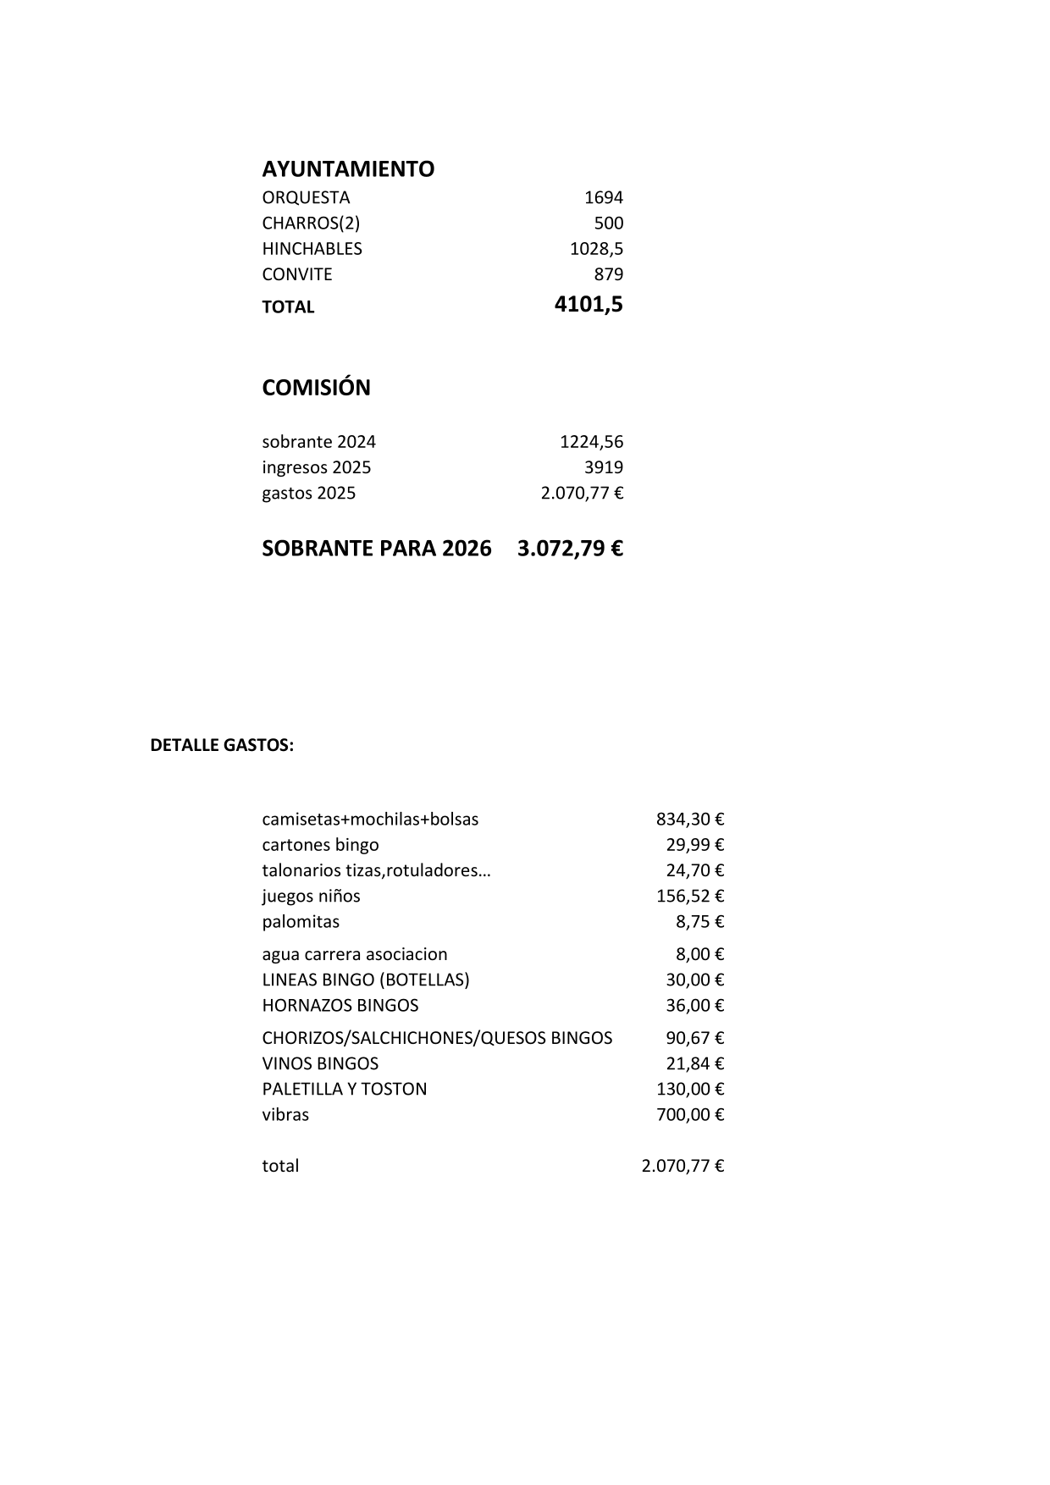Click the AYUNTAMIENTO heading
point(348,169)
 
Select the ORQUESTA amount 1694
point(603,198)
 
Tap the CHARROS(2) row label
point(311,224)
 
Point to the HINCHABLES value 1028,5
point(596,249)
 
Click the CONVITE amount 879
point(608,274)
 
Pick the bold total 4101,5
point(589,305)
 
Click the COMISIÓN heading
point(316,388)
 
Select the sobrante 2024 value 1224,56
point(591,442)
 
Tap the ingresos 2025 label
point(316,467)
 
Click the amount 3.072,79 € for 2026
point(570,549)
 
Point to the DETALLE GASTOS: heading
point(222,746)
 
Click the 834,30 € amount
point(690,820)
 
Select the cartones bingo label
point(320,845)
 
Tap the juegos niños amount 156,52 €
point(690,896)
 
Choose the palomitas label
point(301,921)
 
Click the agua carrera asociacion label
point(354,954)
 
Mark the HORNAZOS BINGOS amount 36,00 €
point(694,1005)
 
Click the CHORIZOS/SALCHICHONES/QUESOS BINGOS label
point(437,1038)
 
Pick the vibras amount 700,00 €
point(690,1114)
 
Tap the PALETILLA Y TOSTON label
point(344,1089)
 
